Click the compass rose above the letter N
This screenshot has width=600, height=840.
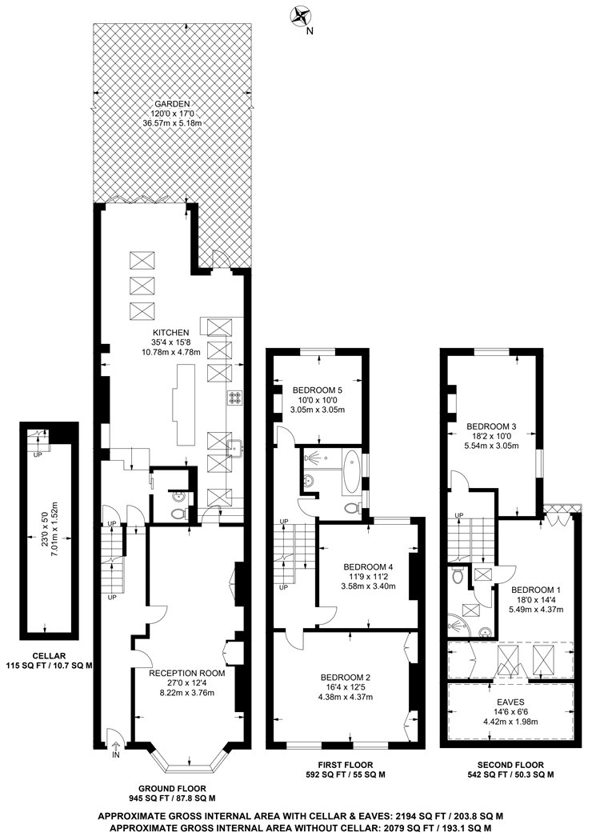coord(300,15)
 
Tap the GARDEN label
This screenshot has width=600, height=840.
coord(172,104)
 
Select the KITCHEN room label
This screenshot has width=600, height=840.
coord(171,333)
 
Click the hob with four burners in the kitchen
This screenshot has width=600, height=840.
coord(235,398)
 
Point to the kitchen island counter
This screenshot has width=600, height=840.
coord(183,398)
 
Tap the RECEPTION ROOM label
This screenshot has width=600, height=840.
coord(187,673)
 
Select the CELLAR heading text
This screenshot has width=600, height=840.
coord(49,656)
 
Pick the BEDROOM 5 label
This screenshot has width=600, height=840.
coord(317,390)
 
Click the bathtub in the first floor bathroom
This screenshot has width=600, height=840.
coord(351,472)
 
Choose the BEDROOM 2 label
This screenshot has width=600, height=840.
coord(346,677)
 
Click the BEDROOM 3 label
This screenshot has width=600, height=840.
coord(491,426)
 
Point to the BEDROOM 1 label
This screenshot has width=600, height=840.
coord(536,590)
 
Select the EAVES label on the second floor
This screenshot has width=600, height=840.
coord(510,702)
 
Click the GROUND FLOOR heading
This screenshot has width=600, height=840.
coord(172,789)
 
